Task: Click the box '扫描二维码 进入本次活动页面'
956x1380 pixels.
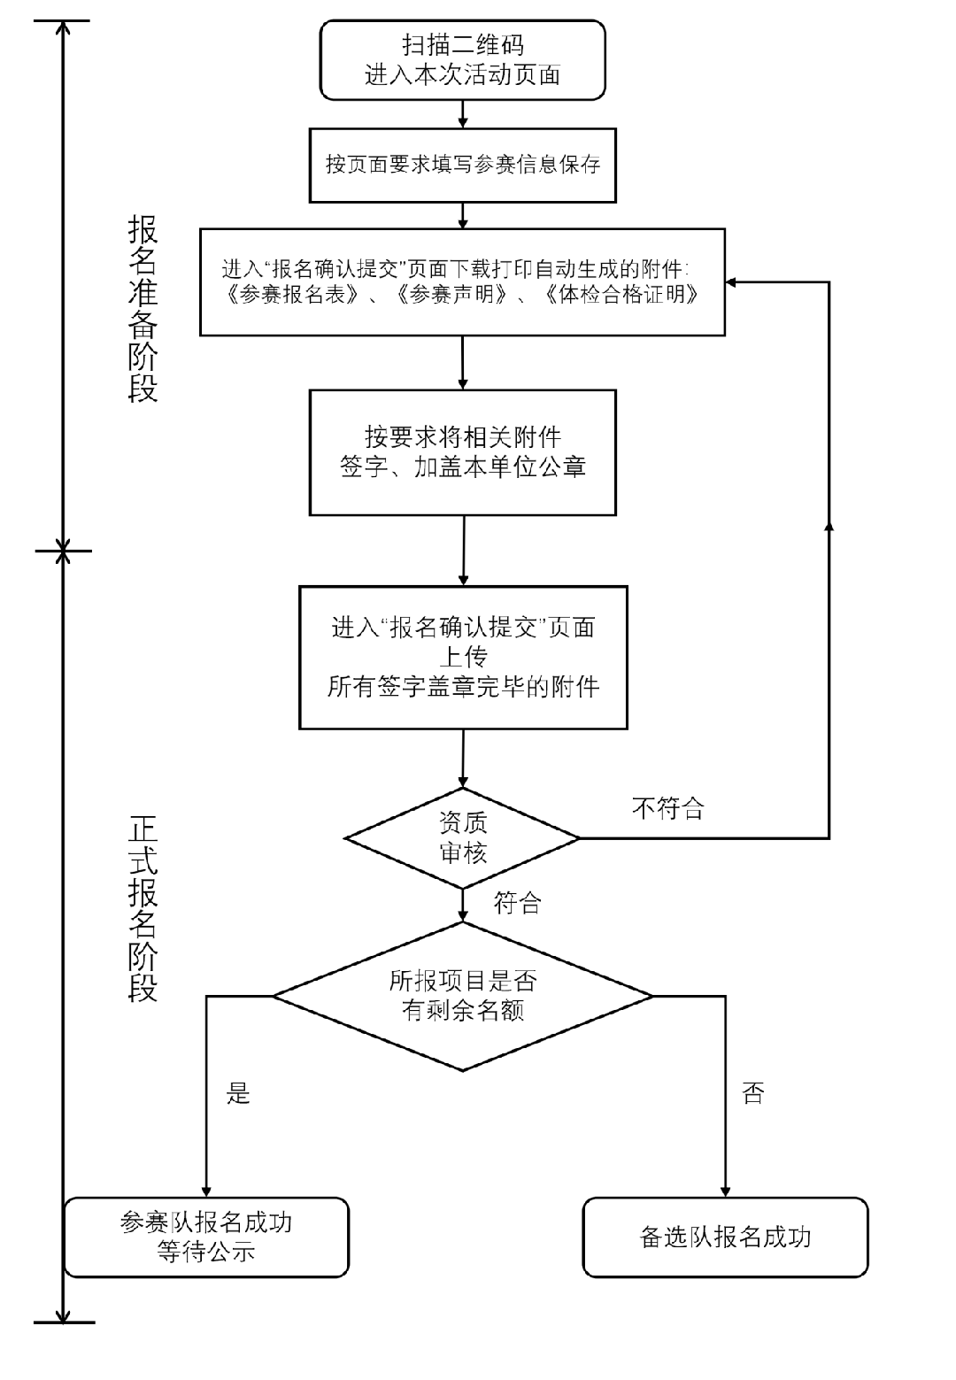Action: (462, 60)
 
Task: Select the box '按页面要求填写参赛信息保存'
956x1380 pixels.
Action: (462, 165)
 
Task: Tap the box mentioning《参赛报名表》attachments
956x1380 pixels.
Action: (462, 281)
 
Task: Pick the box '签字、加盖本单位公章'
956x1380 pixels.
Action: (462, 452)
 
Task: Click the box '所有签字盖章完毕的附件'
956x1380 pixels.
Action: (463, 657)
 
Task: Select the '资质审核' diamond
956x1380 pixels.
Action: (462, 837)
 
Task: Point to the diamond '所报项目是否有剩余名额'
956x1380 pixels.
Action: (462, 996)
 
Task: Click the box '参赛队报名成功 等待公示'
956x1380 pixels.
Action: (206, 1237)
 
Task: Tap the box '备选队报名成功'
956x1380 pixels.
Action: (725, 1237)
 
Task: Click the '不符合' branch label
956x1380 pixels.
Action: (668, 807)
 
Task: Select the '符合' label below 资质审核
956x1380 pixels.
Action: (517, 903)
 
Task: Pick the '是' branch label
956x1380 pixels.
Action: (238, 1094)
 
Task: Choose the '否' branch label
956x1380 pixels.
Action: (752, 1094)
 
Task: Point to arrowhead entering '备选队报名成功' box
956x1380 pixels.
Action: (726, 1191)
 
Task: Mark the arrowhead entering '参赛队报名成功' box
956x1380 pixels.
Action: (206, 1191)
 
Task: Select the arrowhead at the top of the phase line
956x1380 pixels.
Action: (63, 27)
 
